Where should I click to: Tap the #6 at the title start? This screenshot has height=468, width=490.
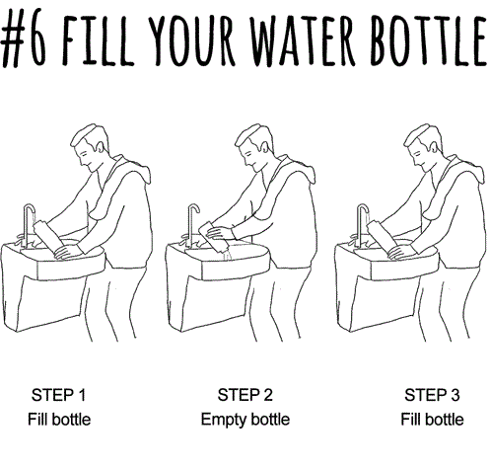(x=23, y=38)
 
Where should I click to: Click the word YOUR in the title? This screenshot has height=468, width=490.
(x=191, y=39)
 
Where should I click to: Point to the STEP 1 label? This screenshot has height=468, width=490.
(x=58, y=395)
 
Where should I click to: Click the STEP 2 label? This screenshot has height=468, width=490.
(x=245, y=395)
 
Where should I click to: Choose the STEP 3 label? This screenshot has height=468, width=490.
(x=432, y=395)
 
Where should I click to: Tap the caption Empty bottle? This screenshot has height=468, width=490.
(x=245, y=420)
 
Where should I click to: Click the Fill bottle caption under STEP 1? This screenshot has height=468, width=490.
(x=59, y=420)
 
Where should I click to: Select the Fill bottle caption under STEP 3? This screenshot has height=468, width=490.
(x=432, y=420)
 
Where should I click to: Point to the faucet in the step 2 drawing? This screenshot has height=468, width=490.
(x=190, y=224)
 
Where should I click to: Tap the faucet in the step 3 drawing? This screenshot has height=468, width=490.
(x=361, y=224)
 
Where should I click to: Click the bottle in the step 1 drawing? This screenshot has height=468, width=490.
(x=48, y=238)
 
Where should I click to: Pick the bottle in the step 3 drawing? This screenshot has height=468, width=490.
(x=382, y=238)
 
